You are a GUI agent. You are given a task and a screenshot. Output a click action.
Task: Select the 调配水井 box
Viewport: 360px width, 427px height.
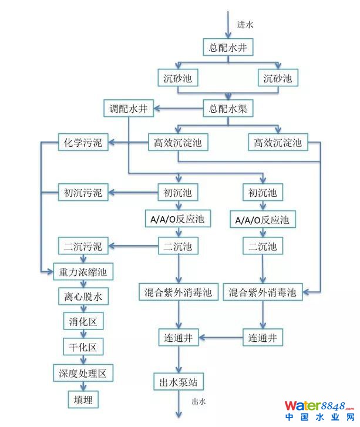tap(128, 109)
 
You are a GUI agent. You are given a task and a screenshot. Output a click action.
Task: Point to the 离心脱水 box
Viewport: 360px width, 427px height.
tap(83, 297)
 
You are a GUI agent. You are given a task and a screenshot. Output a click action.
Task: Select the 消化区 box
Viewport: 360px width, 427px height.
tap(83, 321)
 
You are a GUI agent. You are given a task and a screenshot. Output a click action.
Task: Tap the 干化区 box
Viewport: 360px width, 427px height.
tap(83, 347)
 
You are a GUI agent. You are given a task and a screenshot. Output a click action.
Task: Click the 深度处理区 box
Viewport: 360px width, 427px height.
tap(83, 373)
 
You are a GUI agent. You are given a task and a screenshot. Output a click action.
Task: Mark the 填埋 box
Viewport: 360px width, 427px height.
tap(83, 399)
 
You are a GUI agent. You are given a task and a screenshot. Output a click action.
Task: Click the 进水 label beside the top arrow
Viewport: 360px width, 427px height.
tap(245, 25)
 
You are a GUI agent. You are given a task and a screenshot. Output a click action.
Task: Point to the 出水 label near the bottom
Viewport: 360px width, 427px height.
tap(199, 402)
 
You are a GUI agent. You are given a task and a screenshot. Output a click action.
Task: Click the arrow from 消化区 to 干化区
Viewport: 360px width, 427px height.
tap(83, 334)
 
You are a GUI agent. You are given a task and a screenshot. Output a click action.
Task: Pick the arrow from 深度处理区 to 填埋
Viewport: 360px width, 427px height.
tap(83, 386)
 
